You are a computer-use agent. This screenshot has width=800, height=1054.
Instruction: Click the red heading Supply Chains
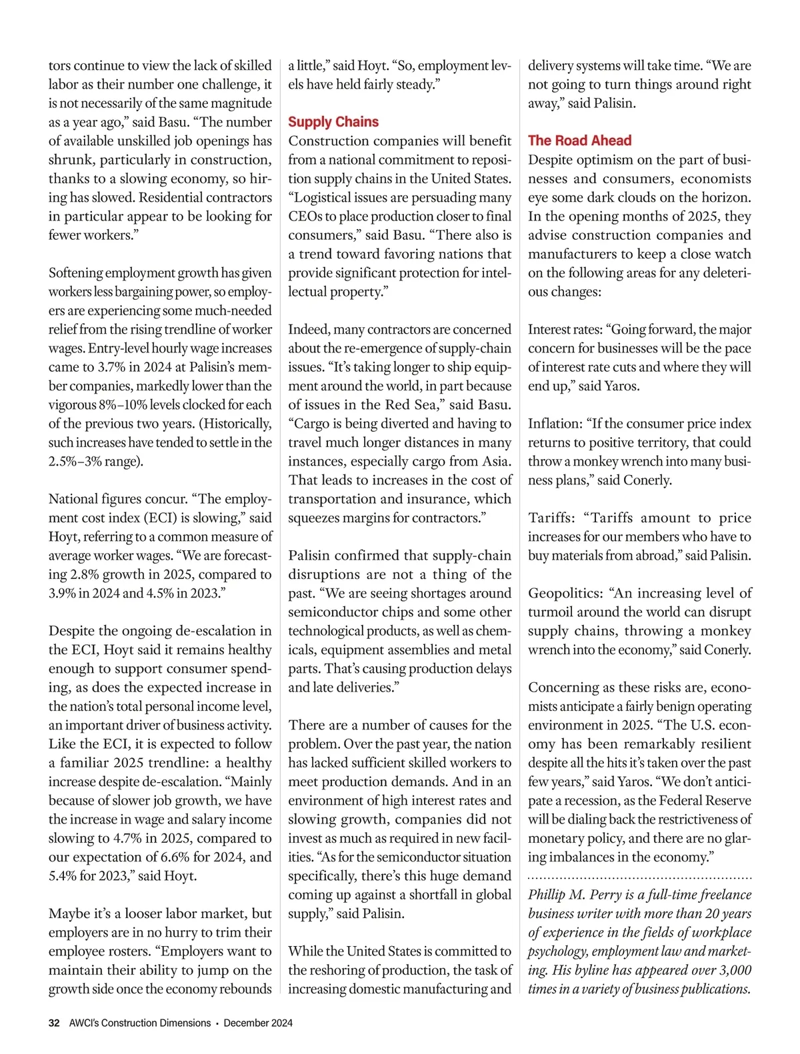[x=333, y=122]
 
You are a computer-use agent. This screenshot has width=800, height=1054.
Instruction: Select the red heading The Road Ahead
[x=579, y=141]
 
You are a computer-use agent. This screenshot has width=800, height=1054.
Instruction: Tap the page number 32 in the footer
[x=54, y=1023]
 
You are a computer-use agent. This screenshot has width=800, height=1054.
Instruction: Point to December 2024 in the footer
[x=258, y=1023]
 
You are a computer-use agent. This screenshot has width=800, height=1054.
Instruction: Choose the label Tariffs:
[x=553, y=518]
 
